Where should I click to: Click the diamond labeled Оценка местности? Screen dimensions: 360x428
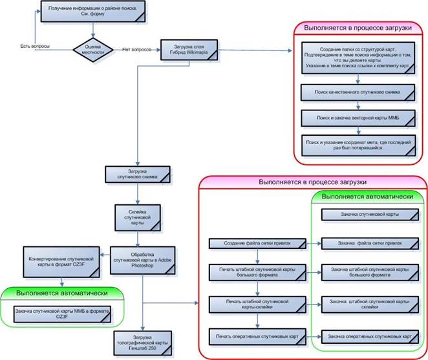[92, 50]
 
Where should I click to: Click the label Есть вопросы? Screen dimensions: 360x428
[36, 47]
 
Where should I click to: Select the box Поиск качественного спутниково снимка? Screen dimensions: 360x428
[358, 93]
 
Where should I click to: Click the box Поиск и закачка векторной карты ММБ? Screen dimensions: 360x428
[358, 118]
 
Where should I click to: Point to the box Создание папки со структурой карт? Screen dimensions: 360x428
[358, 59]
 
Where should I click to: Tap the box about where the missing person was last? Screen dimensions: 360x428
[358, 144]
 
